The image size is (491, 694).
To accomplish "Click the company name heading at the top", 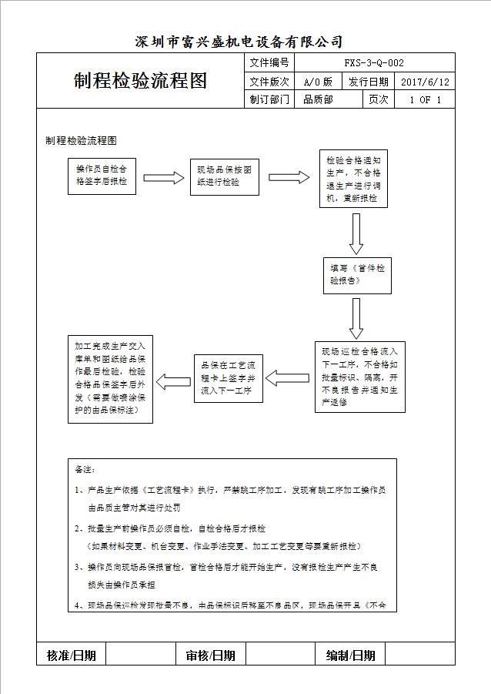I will [239, 42].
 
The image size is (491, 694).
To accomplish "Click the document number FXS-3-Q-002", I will [374, 63].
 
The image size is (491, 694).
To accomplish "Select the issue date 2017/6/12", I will [425, 82].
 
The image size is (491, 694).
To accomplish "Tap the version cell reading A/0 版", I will [318, 82].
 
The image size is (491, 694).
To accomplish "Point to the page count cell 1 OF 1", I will [425, 99].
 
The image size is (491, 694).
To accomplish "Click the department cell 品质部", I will [318, 99].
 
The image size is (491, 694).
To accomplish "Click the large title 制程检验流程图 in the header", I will [141, 82].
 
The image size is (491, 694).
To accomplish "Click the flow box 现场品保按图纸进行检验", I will [224, 177].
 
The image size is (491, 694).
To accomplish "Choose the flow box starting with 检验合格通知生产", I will [353, 179].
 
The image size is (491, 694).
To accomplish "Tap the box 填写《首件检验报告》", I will [356, 276].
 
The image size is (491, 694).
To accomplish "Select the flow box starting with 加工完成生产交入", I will [110, 378].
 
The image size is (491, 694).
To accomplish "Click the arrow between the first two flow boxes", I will [164, 178].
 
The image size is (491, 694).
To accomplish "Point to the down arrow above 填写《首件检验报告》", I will [356, 233].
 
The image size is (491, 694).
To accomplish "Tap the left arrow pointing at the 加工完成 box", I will [173, 379].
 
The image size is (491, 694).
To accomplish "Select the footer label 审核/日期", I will [210, 655].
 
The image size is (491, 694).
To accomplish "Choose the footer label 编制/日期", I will [351, 655].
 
